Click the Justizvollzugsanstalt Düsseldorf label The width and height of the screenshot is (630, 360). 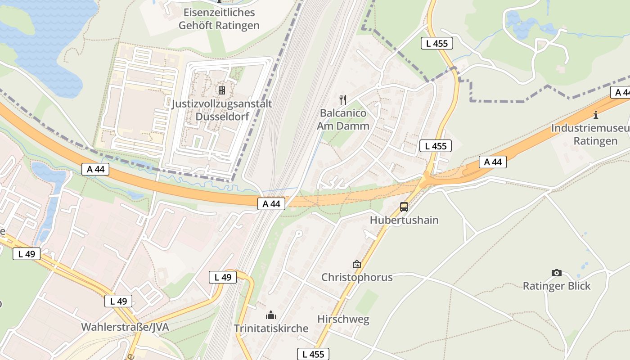pyautogui.click(x=221, y=110)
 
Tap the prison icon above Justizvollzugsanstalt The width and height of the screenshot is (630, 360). pyautogui.click(x=221, y=90)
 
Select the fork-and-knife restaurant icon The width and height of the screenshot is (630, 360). pyautogui.click(x=343, y=99)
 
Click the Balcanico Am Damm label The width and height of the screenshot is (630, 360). pyautogui.click(x=343, y=119)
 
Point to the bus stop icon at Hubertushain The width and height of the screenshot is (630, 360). pyautogui.click(x=404, y=207)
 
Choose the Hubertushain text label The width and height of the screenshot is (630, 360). pyautogui.click(x=404, y=220)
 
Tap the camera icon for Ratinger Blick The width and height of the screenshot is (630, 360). pyautogui.click(x=556, y=273)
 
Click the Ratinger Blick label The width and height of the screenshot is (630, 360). pyautogui.click(x=556, y=286)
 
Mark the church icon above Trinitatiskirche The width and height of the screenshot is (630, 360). pyautogui.click(x=271, y=315)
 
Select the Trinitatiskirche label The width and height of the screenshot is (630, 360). pyautogui.click(x=271, y=328)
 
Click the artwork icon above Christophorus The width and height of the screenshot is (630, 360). pyautogui.click(x=357, y=264)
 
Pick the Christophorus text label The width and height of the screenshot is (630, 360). pyautogui.click(x=357, y=277)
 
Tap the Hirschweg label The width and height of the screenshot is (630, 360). pyautogui.click(x=343, y=319)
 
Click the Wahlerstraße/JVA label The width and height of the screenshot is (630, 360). pyautogui.click(x=125, y=327)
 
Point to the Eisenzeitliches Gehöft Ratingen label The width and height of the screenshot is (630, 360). pyautogui.click(x=219, y=19)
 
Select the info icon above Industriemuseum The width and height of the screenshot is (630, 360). pyautogui.click(x=596, y=115)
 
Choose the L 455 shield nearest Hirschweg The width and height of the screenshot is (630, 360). pyautogui.click(x=313, y=354)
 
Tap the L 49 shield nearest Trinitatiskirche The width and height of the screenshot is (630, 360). pyautogui.click(x=223, y=277)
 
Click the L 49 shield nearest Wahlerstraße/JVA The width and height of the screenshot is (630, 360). pyautogui.click(x=118, y=301)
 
